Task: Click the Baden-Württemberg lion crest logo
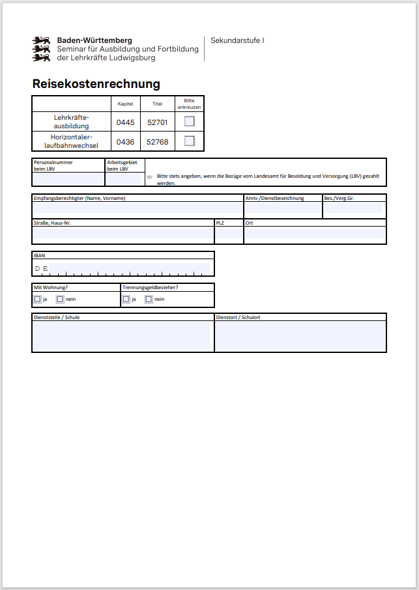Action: pyautogui.click(x=42, y=49)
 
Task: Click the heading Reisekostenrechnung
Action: pyautogui.click(x=96, y=84)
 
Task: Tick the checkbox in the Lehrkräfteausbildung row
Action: pyautogui.click(x=190, y=121)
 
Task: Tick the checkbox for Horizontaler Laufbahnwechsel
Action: pyautogui.click(x=190, y=141)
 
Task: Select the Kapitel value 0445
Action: pyautogui.click(x=125, y=122)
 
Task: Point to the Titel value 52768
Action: pyautogui.click(x=157, y=141)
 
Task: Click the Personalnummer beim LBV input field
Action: pyautogui.click(x=68, y=178)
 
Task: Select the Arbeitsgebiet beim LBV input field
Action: pyautogui.click(x=124, y=178)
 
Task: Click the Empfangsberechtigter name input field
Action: pyautogui.click(x=137, y=209)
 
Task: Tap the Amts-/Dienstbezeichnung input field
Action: pyautogui.click(x=283, y=209)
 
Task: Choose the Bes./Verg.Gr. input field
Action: pyautogui.click(x=354, y=209)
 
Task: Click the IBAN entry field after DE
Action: pyautogui.click(x=130, y=268)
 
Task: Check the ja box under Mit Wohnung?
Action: pyautogui.click(x=37, y=300)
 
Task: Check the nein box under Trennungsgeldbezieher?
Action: pyautogui.click(x=149, y=300)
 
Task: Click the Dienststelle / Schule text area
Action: pyautogui.click(x=123, y=335)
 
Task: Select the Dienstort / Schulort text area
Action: pyautogui.click(x=300, y=335)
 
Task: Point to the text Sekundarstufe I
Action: pyautogui.click(x=237, y=41)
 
